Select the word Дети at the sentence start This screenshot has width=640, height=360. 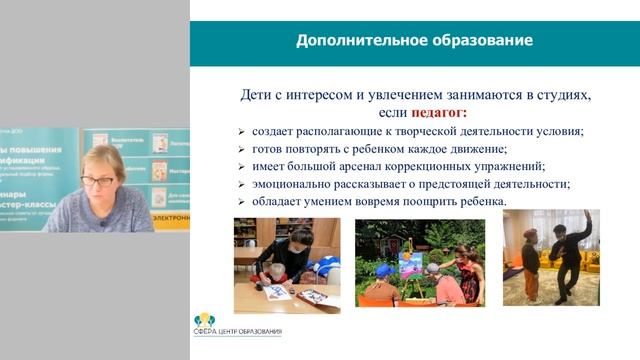(260, 94)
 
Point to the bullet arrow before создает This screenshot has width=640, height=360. (241, 132)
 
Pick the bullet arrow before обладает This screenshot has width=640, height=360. (241, 201)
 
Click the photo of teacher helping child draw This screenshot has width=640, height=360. (286, 260)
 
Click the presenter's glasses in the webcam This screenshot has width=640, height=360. (98, 181)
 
